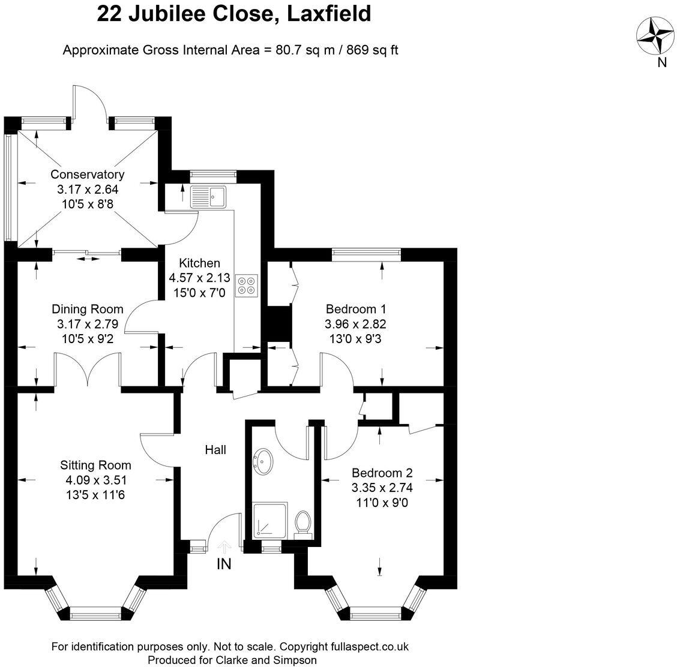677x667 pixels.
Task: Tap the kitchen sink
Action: click(x=208, y=196)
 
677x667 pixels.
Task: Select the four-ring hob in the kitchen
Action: click(x=247, y=285)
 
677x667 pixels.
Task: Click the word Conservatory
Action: click(x=87, y=175)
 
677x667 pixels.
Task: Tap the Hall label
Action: click(x=215, y=449)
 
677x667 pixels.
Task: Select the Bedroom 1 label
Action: click(x=355, y=309)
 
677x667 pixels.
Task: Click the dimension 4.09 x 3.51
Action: click(x=95, y=480)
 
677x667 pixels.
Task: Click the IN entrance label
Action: click(x=224, y=564)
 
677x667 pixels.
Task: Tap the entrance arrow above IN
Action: click(x=224, y=547)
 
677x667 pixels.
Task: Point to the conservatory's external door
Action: click(x=90, y=101)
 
